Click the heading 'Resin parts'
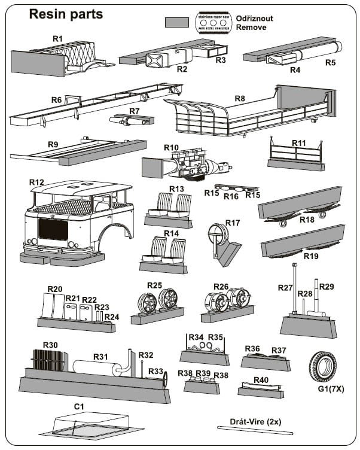coord(66,14)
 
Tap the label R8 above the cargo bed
coord(240,98)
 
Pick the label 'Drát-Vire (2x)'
coord(255,421)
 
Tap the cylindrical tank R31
coord(96,367)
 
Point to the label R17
coord(233,223)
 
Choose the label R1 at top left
coord(57,38)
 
